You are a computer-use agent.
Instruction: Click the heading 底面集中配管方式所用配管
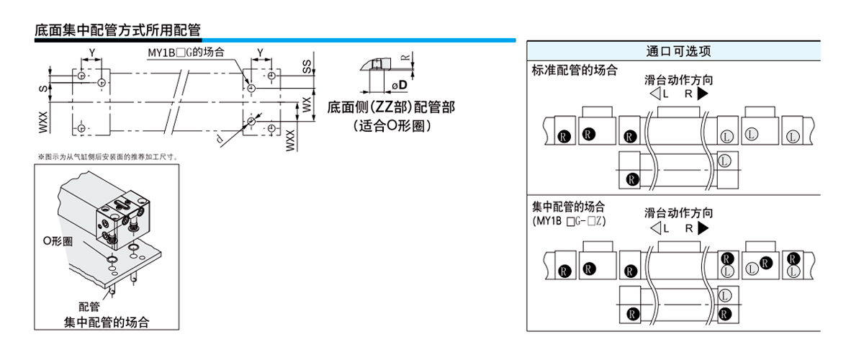pos(117,30)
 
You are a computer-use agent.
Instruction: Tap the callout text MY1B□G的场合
pos(186,53)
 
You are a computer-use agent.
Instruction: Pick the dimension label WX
pos(307,105)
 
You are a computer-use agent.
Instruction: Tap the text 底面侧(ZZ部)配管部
pos(391,107)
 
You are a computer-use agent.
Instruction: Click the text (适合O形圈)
pos(392,125)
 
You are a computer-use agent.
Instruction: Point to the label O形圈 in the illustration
pos(57,241)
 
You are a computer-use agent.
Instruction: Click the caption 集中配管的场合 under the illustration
pos(111,321)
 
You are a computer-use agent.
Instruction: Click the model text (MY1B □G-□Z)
pos(569,221)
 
